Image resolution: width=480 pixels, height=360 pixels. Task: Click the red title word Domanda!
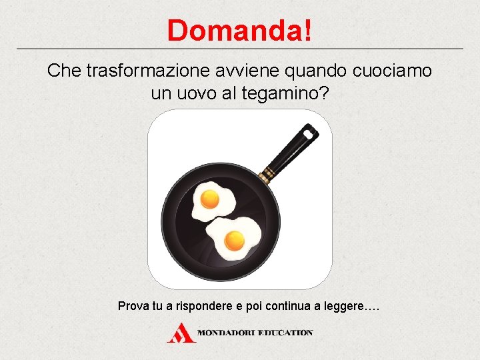tap(239, 31)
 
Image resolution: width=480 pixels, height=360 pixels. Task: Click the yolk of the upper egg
tap(210, 198)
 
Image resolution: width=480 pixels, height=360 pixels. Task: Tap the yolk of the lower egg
tap(234, 238)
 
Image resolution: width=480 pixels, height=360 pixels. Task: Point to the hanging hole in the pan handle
tap(308, 133)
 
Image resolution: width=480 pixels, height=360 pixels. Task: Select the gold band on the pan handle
tap(267, 173)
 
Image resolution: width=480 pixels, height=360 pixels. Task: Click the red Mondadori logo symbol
tap(181, 333)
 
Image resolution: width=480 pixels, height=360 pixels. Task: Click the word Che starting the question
tap(64, 71)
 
